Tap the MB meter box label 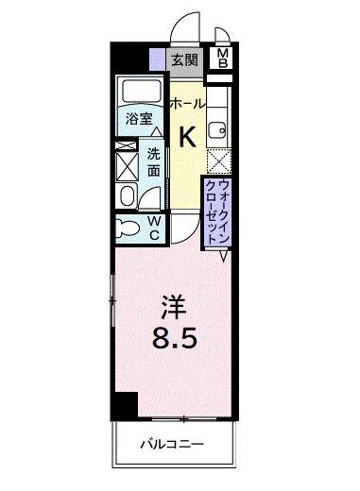(x=224, y=59)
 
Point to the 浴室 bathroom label (x=139, y=119)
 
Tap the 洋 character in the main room (x=169, y=308)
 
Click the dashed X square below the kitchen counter (x=218, y=162)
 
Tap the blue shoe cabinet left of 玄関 (x=158, y=59)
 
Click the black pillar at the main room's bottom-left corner (x=120, y=405)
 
